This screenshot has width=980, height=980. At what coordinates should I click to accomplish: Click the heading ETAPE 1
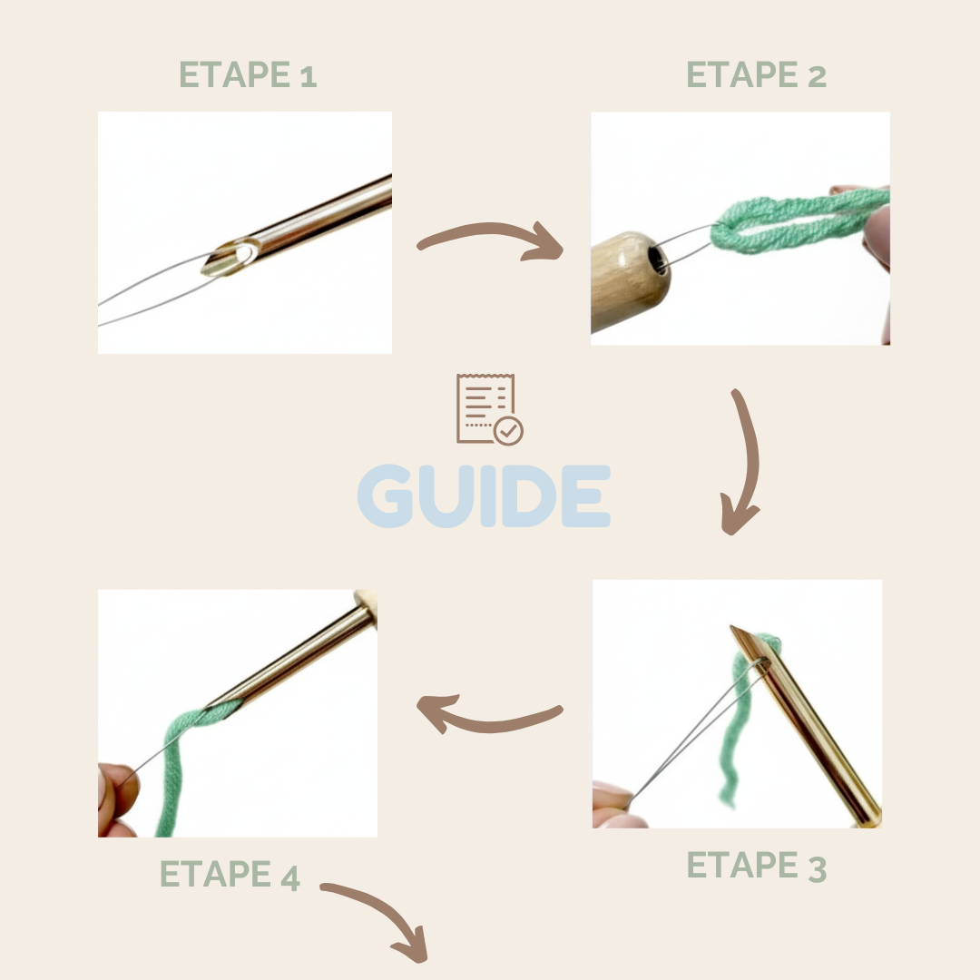pyautogui.click(x=248, y=74)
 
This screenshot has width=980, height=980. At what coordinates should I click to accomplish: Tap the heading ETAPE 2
pyautogui.click(x=756, y=74)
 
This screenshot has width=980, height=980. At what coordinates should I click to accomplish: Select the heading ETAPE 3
pyautogui.click(x=756, y=866)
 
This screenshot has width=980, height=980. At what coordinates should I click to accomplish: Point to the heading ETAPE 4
pyautogui.click(x=230, y=874)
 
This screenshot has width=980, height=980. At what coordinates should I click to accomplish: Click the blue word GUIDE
pyautogui.click(x=484, y=495)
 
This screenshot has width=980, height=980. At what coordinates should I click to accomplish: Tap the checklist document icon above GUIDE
pyautogui.click(x=489, y=409)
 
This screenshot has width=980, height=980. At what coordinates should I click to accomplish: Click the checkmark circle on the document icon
pyautogui.click(x=508, y=431)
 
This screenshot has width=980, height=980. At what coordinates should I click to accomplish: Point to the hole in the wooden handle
pyautogui.click(x=658, y=260)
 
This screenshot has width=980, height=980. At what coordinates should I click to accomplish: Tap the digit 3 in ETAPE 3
pyautogui.click(x=817, y=868)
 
